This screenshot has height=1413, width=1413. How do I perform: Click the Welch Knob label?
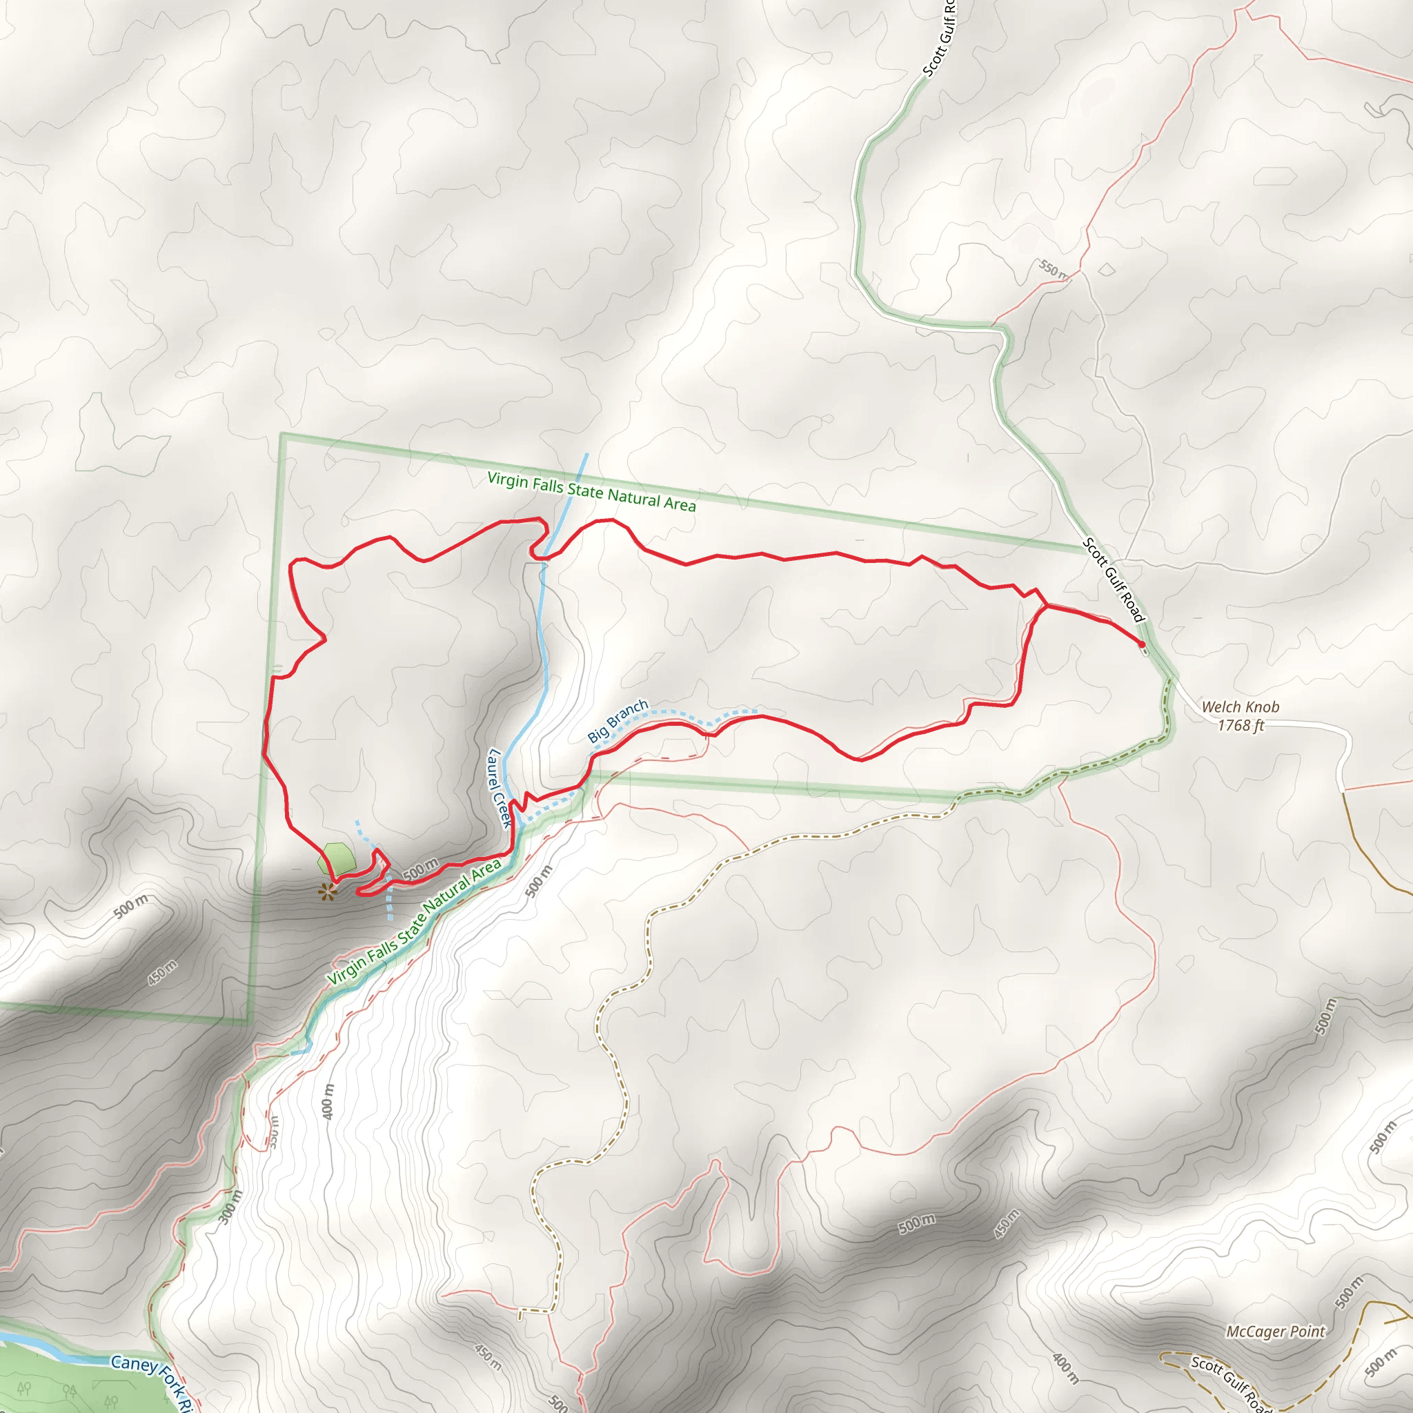[x=1241, y=706]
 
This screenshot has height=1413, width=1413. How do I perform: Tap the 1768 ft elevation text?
[x=1241, y=726]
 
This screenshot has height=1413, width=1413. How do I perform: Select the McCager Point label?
[x=1276, y=1331]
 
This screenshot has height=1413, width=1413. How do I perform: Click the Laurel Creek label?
[x=499, y=788]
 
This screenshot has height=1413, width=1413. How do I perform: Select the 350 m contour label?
[x=273, y=1132]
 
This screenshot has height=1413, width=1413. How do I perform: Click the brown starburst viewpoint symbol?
[x=328, y=891]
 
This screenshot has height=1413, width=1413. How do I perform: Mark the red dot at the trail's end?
[x=1142, y=644]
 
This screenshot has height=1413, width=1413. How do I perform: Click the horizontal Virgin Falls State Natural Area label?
[x=591, y=491]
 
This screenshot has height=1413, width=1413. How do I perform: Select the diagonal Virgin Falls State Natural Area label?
[x=414, y=922]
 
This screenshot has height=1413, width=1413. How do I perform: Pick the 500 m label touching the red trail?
[x=419, y=869]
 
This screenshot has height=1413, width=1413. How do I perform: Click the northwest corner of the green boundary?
[x=281, y=435]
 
